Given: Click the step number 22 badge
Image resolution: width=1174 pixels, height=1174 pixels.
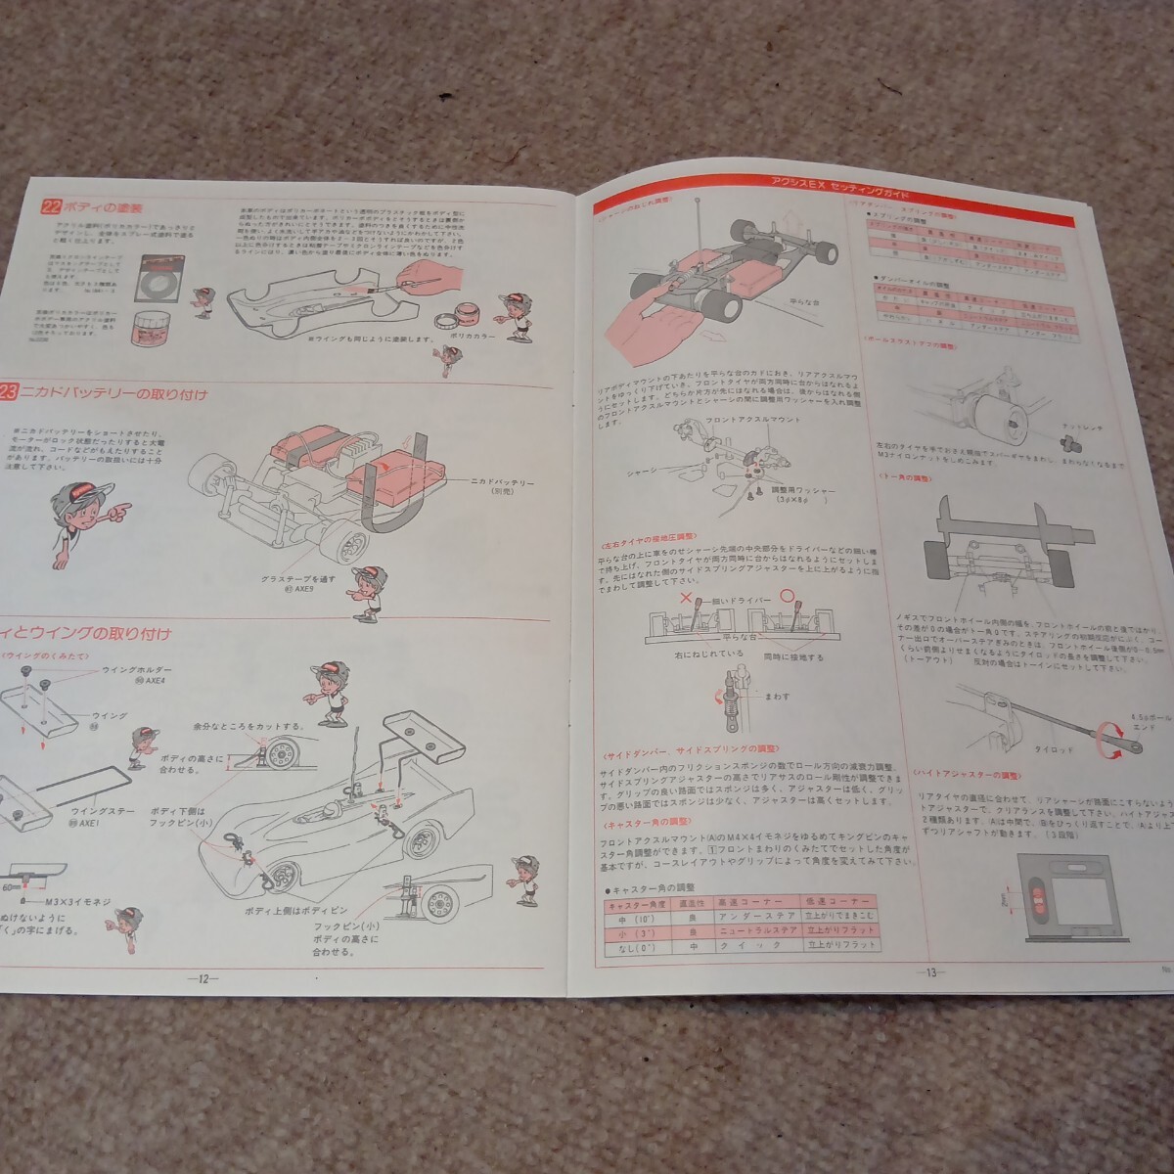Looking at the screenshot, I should pyautogui.click(x=51, y=207).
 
